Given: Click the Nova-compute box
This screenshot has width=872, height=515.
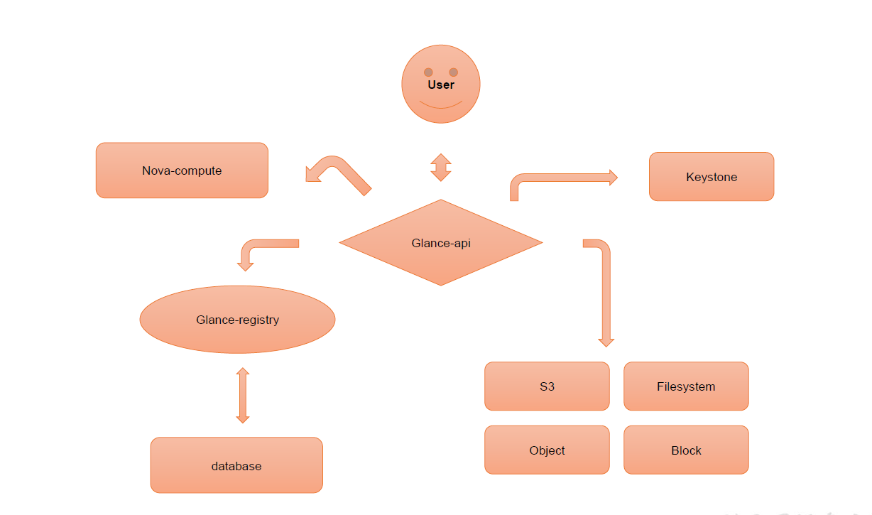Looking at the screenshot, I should pos(182,170).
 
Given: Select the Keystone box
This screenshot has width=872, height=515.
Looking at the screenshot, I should pos(712,177).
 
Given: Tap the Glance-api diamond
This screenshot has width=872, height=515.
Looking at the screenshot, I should pos(441,243).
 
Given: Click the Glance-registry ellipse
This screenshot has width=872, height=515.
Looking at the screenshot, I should pos(237,320).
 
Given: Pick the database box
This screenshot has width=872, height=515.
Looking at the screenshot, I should pos(236,466).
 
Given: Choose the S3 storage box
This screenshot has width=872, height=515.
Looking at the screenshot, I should pos(547,386).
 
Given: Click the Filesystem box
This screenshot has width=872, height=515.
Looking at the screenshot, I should pos(686,386).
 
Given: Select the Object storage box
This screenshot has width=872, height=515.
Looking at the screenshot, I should pos(547,450).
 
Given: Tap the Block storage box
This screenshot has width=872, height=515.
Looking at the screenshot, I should pos(686,450).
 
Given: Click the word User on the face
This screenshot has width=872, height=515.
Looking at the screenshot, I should pos(441,85).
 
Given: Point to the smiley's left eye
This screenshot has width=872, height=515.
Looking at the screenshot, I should pos(428,72).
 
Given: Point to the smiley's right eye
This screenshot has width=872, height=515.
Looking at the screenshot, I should pos(454,72).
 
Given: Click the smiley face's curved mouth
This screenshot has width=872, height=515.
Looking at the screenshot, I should pos(441,106).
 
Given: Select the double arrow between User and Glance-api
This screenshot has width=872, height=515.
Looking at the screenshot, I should pos(441,167).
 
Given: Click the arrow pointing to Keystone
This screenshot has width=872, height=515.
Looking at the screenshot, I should pos(561,178).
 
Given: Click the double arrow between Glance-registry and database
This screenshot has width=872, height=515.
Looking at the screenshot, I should pos(243,395).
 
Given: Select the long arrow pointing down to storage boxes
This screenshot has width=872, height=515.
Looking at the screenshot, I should pos(606,291).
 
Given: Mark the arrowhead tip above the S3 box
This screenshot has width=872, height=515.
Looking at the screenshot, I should pos(606,345).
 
